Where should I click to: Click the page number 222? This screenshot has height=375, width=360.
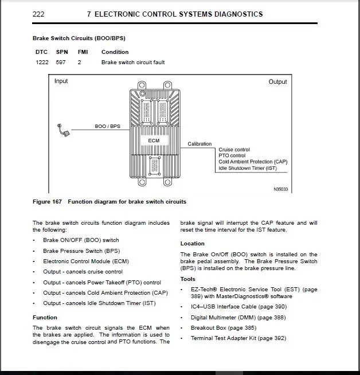pyautogui.click(x=38, y=14)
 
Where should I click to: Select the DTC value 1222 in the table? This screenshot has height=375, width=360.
pyautogui.click(x=42, y=62)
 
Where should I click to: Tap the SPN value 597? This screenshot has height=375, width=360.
pyautogui.click(x=61, y=62)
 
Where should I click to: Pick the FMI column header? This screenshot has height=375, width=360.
pyautogui.click(x=83, y=52)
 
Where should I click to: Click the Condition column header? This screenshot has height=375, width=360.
pyautogui.click(x=115, y=52)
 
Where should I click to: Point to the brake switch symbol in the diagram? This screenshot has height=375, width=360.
pyautogui.click(x=64, y=131)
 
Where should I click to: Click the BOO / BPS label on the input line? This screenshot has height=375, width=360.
pyautogui.click(x=107, y=126)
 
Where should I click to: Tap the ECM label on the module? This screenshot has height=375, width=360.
pyautogui.click(x=154, y=140)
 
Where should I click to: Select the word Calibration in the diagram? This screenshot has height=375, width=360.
pyautogui.click(x=199, y=144)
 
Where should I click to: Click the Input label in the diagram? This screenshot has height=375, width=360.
pyautogui.click(x=61, y=81)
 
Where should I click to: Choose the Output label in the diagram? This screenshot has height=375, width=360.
pyautogui.click(x=277, y=82)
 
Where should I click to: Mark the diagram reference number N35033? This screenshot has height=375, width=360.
pyautogui.click(x=280, y=189)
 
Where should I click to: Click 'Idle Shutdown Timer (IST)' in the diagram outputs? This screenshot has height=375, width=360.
pyautogui.click(x=247, y=168)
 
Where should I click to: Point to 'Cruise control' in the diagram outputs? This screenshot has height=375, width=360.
pyautogui.click(x=234, y=150)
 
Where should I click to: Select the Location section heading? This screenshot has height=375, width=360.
pyautogui.click(x=192, y=244)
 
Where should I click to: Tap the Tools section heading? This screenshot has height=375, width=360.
pyautogui.click(x=187, y=280)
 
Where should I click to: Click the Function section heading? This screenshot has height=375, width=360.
pyautogui.click(x=45, y=317)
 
